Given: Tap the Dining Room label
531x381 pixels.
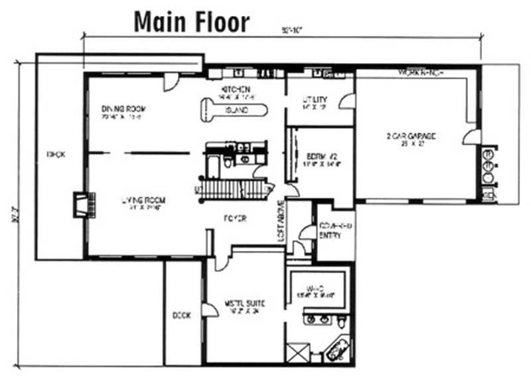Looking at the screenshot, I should pos(123,109).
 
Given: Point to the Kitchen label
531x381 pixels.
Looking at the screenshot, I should pos(236,89).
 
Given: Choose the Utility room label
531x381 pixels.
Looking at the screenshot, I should pos(315,100).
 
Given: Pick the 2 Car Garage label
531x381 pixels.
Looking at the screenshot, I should pos(411,137).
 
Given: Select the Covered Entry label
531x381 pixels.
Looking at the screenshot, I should pos(335,231).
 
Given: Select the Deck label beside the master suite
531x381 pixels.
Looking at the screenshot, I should pos(181,316).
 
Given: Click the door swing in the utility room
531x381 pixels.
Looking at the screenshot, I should pos(346,102).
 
